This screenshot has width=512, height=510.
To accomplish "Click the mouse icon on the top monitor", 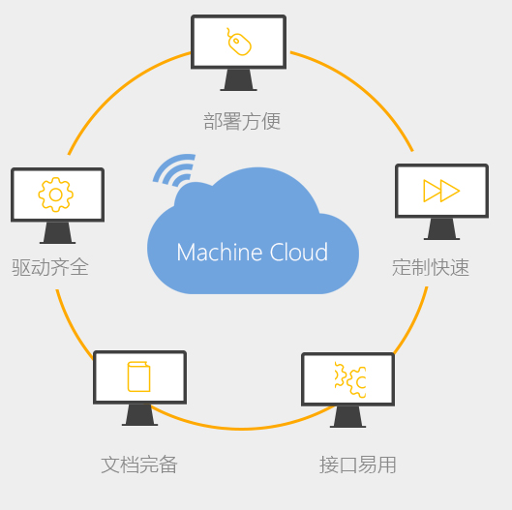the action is (239, 43).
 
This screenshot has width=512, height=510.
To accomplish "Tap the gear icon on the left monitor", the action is (56, 195).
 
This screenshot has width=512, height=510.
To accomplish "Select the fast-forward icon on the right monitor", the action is (441, 191).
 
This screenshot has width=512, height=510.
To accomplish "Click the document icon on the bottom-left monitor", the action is (138, 376).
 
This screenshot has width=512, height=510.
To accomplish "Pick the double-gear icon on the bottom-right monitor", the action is (350, 379).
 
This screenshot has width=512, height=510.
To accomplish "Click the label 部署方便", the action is (242, 121).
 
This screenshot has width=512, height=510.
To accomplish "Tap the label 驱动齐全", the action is (50, 267).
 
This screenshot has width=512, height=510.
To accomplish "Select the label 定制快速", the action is (431, 267).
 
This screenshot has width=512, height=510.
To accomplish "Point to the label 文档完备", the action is (139, 465).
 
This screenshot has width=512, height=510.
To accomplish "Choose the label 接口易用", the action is (358, 465).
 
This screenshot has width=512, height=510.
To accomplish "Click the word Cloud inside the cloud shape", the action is (299, 252).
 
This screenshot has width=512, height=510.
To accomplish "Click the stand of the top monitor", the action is (239, 80).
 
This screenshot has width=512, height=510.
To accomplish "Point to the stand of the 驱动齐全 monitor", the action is (57, 233).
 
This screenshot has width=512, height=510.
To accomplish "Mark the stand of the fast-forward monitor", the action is (441, 229).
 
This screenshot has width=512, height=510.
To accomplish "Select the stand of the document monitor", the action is (139, 415).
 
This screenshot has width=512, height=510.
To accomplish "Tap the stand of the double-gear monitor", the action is (348, 417).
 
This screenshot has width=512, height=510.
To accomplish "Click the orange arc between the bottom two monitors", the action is (242, 429).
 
